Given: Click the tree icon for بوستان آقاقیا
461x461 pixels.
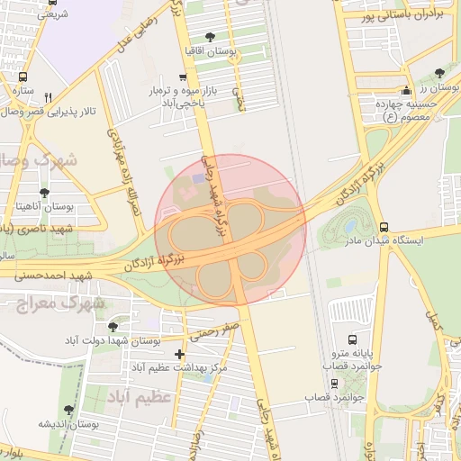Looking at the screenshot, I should tap(210, 37).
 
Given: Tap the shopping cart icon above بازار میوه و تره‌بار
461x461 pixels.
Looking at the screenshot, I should tap(184, 77).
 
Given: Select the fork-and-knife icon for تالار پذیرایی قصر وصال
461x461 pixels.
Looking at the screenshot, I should tap(49, 97).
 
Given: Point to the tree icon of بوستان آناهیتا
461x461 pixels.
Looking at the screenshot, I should tap(44, 193).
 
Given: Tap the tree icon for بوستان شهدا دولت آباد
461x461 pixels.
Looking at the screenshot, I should tap(112, 327).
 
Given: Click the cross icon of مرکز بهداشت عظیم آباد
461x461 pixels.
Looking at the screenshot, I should tap(179, 354).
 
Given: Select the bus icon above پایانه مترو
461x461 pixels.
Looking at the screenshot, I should tap(351, 340).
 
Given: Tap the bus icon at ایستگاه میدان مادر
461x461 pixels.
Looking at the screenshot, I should tap(384, 227).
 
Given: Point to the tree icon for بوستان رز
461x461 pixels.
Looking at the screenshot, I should tap(439, 73).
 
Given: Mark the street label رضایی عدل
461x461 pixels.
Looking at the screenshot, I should tap(137, 32).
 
